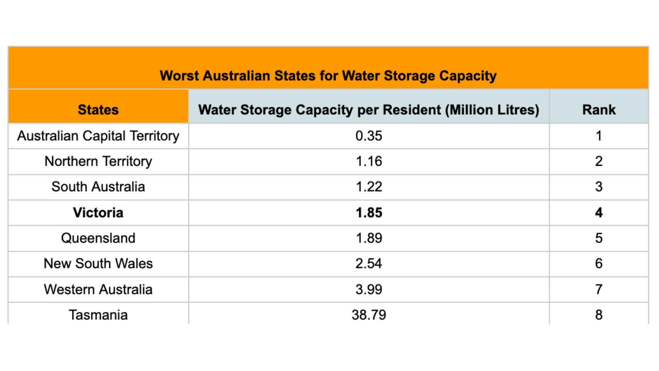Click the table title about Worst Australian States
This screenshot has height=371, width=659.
click(328, 76)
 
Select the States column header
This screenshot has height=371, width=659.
click(98, 110)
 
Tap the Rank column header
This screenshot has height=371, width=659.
click(598, 110)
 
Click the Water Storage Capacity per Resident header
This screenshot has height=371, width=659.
click(369, 110)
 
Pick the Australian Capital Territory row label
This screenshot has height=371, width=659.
click(98, 136)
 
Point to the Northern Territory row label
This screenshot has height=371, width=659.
click(98, 161)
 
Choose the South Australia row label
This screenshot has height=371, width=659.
click(98, 187)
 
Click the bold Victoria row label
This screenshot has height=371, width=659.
click(98, 212)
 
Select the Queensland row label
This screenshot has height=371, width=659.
click(98, 238)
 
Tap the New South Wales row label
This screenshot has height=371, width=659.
click(98, 263)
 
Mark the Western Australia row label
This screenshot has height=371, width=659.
click(98, 289)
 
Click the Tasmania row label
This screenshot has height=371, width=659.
click(98, 315)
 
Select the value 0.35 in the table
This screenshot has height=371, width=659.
click(369, 136)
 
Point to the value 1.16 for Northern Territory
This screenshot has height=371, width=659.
click(369, 161)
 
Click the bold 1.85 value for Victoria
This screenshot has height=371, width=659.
click(369, 212)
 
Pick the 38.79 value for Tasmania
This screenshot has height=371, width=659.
click(369, 315)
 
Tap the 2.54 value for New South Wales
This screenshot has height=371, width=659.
click(369, 263)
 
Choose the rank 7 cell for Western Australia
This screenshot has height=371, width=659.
click(598, 289)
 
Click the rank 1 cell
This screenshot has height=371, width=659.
click(598, 136)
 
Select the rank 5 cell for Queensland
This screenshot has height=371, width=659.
click(598, 238)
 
